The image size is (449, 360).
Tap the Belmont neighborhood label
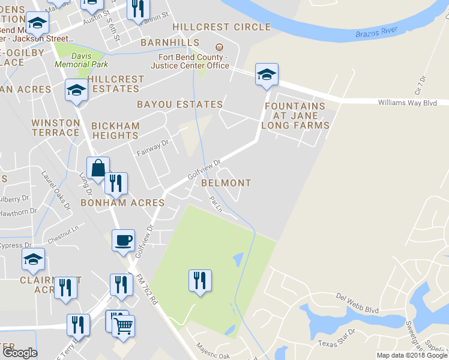pos(226,182)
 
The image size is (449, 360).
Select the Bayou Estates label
pos(180,104)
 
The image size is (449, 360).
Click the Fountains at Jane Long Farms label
pos(295,116)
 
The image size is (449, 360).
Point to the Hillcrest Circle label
pos(221,27)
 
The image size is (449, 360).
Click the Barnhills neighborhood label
pos(170,43)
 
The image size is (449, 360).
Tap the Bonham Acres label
pos(123,203)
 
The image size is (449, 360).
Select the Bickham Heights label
pos(115,131)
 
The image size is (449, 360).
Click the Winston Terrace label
pos(56,127)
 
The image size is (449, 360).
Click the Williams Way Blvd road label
pos(407,103)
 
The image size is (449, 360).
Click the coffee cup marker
pos(124,241)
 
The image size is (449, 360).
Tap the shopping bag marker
pos(98,168)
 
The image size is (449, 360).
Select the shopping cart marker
pos(123,325)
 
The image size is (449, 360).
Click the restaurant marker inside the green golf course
pos(200,280)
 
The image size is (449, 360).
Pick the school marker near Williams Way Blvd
pos(267,74)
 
